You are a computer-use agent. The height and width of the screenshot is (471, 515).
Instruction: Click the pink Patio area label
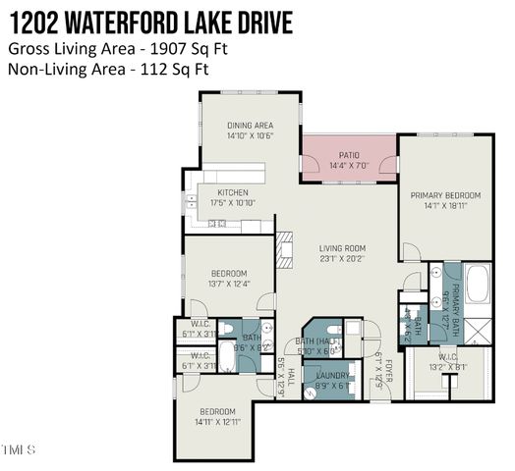(x=349, y=155)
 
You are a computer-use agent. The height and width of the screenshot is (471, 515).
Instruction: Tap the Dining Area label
(x=250, y=126)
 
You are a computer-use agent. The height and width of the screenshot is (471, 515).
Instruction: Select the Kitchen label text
(x=233, y=192)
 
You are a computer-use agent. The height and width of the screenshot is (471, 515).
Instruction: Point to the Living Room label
(x=342, y=248)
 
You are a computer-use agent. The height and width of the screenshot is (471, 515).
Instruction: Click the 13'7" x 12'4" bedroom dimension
(x=229, y=285)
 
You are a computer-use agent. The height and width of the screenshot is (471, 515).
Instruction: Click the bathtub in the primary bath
(x=478, y=286)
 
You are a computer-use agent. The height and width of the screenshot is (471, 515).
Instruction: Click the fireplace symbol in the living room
(x=283, y=249)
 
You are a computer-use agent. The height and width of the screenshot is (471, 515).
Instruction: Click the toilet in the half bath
(x=335, y=330)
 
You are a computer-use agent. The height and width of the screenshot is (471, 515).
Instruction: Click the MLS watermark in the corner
(x=18, y=450)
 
